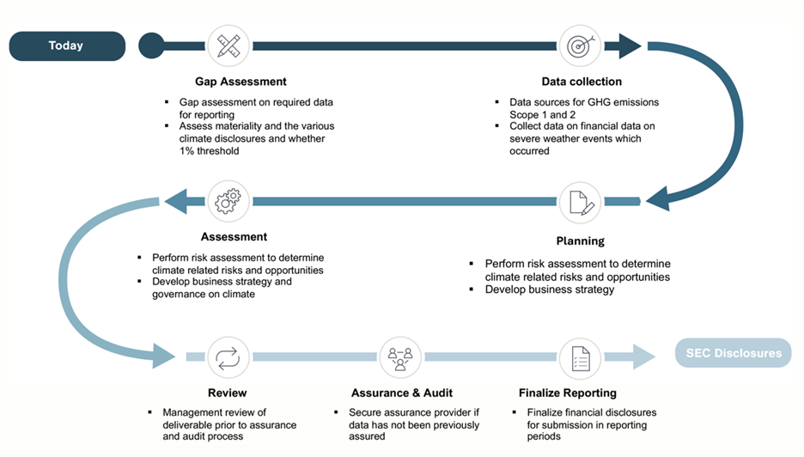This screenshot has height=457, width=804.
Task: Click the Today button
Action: click(66, 46)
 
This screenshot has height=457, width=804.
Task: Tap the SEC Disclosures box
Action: click(733, 353)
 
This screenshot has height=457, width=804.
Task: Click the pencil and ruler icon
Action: click(228, 46)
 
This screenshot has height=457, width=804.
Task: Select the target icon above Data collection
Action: click(580, 46)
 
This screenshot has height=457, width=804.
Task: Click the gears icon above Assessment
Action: click(228, 202)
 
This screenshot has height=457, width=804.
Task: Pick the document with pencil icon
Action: click(580, 202)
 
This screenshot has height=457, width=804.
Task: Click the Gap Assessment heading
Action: click(240, 82)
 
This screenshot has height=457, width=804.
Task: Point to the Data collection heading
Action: click(582, 82)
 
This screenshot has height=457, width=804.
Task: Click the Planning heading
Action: click(581, 241)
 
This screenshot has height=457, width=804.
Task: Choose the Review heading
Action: click(227, 393)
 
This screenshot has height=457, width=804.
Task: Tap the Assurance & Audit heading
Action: click(402, 393)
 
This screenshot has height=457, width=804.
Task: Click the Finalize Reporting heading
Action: click(567, 393)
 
